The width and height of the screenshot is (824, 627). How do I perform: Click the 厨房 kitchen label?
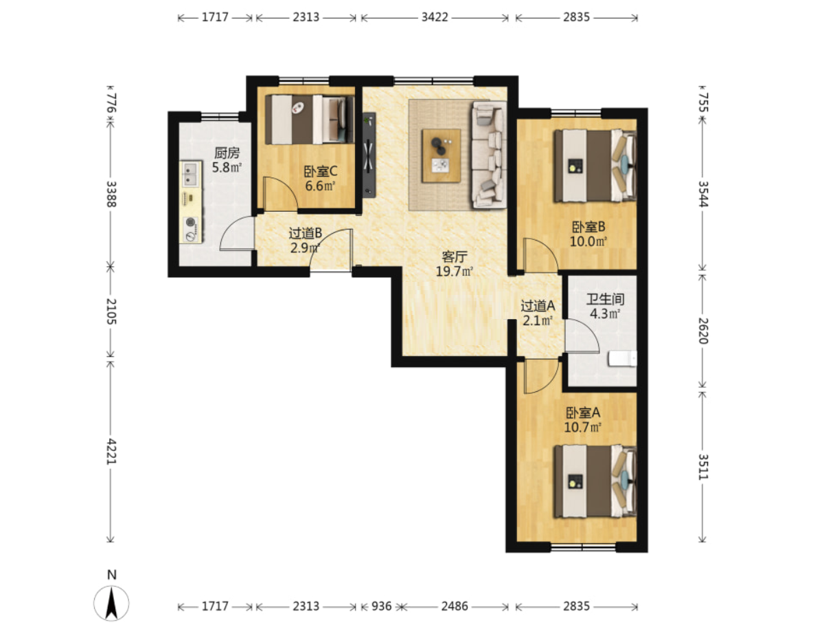tap(227, 153)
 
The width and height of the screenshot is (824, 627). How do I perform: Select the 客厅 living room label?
tap(455, 257)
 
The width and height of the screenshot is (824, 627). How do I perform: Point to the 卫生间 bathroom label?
tap(605, 300)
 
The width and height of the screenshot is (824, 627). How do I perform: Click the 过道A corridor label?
tap(538, 306)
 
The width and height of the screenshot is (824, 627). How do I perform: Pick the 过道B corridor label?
tap(305, 233)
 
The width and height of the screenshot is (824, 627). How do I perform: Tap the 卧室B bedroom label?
tap(588, 227)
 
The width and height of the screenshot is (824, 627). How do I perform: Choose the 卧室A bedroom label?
tap(582, 413)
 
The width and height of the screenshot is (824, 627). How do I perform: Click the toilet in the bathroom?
tap(622, 359)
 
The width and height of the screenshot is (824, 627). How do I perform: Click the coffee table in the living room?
tap(441, 155)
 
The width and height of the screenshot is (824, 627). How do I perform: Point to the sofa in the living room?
tap(489, 155)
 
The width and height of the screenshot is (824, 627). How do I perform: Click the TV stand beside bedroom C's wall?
tap(369, 155)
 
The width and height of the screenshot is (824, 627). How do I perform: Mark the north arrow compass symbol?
tap(111, 603)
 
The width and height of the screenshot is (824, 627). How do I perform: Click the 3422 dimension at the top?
tap(435, 17)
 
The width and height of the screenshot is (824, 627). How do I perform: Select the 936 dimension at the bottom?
tap(381, 606)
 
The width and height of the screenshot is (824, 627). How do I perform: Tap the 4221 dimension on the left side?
tap(111, 451)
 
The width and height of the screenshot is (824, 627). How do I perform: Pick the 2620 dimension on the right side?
tap(702, 331)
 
